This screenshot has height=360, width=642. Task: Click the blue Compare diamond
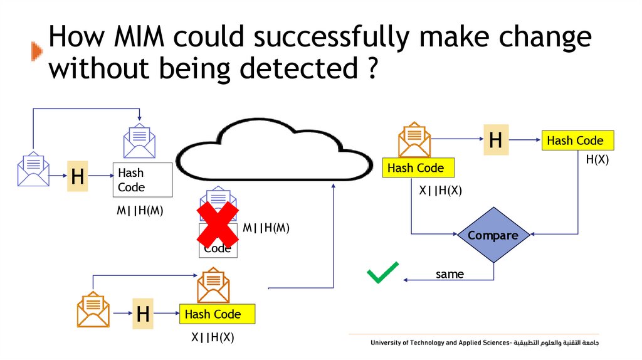(493, 236)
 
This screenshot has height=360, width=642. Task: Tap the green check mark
(382, 273)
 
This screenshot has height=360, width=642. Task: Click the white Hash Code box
(142, 180)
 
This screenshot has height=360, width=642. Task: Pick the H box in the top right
(495, 140)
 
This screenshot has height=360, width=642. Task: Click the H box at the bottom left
(143, 314)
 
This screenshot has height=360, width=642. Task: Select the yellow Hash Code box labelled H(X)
(577, 140)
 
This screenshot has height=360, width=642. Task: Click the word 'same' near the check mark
(450, 274)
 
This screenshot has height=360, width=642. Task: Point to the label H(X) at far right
(597, 160)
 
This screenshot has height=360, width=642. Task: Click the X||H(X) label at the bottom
(213, 337)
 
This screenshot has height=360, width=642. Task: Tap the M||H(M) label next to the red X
(266, 228)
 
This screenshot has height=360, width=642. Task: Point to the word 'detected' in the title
(302, 68)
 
